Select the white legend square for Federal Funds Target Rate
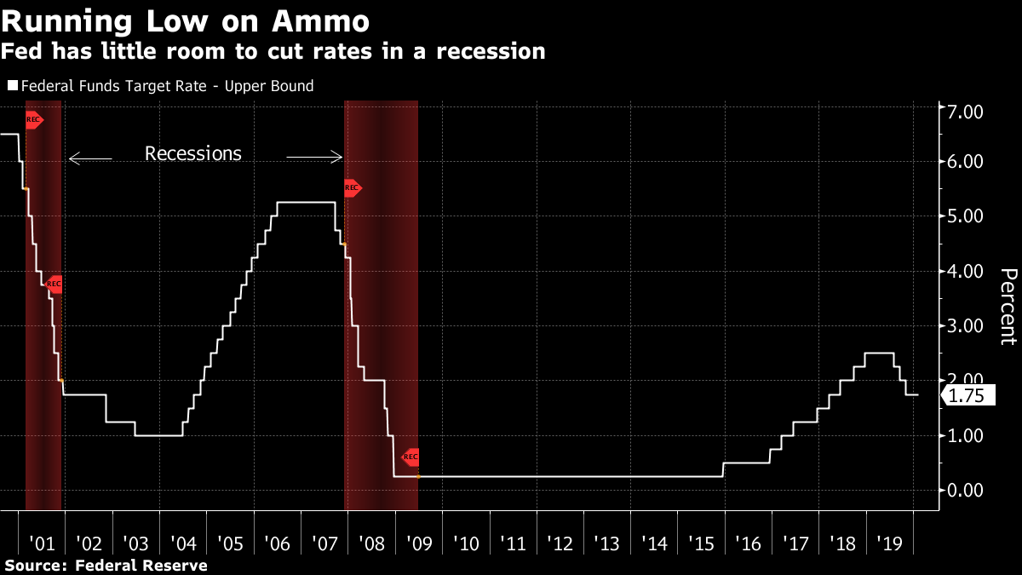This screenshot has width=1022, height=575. (12, 86)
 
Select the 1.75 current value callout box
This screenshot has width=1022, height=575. (966, 395)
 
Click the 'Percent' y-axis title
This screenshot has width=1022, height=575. (1008, 307)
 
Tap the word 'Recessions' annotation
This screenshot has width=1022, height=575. (193, 154)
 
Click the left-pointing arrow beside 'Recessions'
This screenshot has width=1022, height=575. (89, 158)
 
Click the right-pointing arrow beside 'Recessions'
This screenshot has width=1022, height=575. (313, 158)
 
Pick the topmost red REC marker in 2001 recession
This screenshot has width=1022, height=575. (34, 119)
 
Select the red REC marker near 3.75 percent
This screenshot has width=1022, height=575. (54, 284)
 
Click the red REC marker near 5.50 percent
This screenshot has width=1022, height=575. (352, 187)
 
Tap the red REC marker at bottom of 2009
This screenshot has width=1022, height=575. (411, 457)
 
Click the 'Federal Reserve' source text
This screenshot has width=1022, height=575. (141, 565)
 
